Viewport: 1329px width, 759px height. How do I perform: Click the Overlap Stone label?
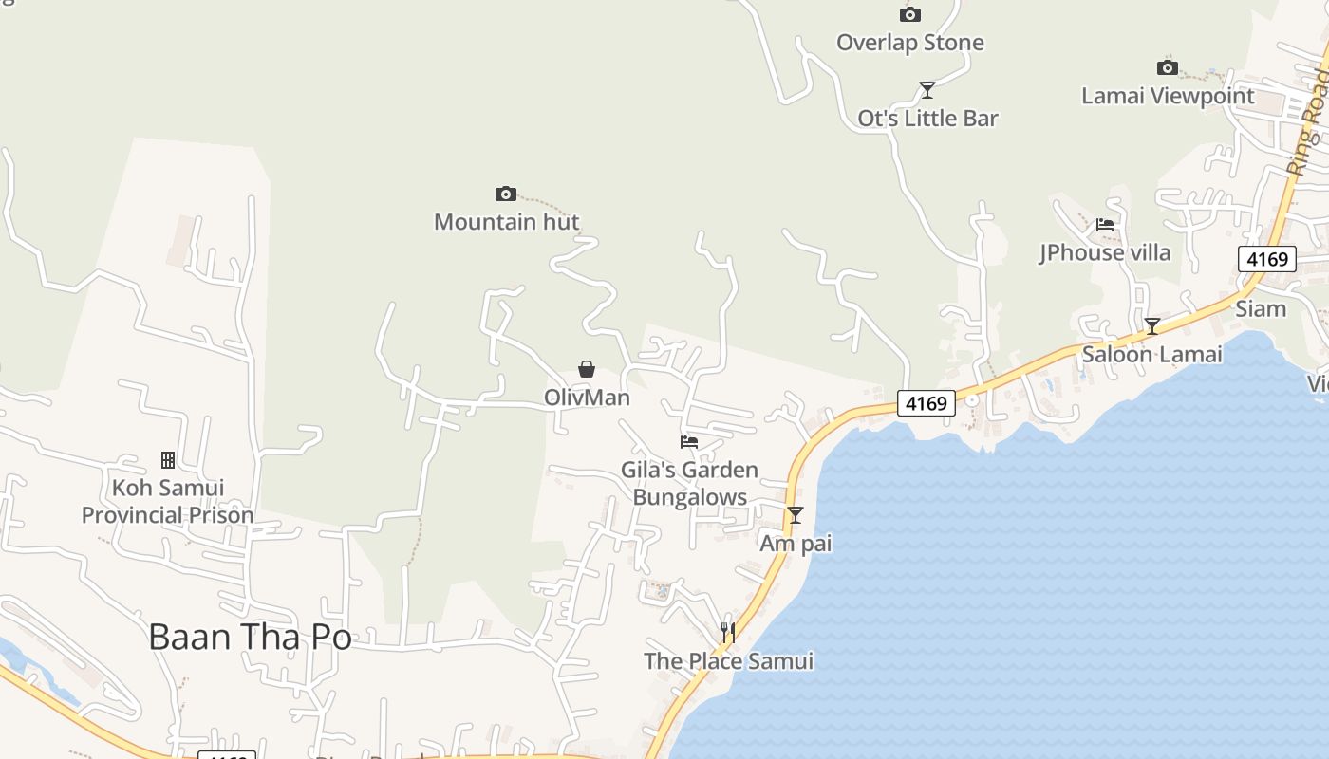point(909,43)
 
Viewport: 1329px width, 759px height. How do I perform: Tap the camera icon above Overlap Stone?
point(909,14)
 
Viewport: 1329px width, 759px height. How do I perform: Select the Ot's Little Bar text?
point(927,119)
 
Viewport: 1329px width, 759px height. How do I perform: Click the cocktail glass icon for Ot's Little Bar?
point(927,90)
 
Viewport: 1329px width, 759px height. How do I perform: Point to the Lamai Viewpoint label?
point(1168,96)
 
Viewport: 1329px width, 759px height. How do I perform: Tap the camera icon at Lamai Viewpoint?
point(1167,67)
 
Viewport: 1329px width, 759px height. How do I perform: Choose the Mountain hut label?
point(506,222)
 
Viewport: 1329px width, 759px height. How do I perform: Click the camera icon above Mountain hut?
point(506,194)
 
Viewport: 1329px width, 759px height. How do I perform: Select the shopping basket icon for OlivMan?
point(587,369)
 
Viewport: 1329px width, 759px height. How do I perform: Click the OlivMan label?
point(587,398)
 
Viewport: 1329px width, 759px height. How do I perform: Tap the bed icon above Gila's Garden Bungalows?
point(689,441)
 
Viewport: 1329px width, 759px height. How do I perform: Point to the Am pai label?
point(796,544)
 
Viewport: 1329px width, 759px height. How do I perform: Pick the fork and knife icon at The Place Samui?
point(728,632)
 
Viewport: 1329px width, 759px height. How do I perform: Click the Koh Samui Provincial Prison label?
point(167,502)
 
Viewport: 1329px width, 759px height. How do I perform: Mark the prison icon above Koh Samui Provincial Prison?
point(168,460)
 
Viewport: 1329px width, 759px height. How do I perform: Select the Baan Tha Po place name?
point(250,637)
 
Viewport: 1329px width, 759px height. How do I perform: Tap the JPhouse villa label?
point(1105,252)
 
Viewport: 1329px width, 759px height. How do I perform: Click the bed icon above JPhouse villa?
point(1105,225)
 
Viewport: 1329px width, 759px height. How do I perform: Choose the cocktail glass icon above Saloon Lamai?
point(1151,326)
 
